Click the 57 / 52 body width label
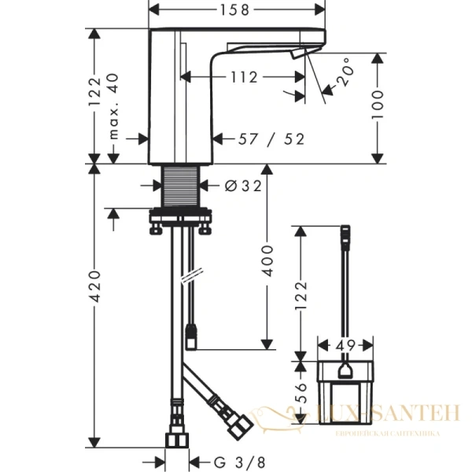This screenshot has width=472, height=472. coord(272,138)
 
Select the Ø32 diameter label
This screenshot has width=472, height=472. coord(242,186)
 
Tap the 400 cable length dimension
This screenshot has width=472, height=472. coord(267,258)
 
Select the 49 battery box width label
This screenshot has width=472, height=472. coord(344,344)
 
